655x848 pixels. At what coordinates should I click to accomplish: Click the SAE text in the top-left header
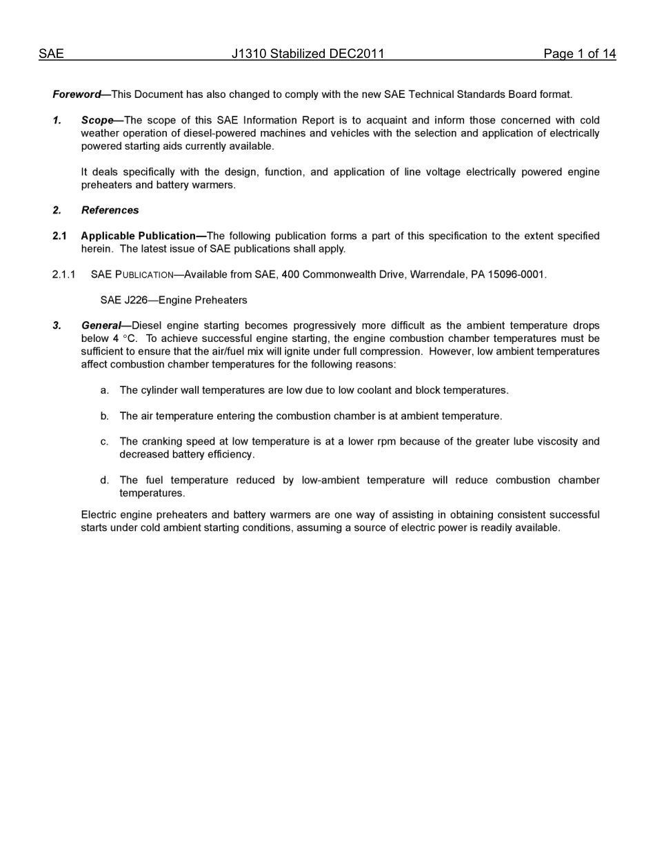point(51,54)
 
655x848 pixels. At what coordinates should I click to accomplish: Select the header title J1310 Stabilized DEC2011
point(308,54)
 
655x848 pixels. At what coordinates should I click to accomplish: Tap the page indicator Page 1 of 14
point(579,54)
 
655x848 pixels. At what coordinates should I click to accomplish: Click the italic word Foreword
point(77,94)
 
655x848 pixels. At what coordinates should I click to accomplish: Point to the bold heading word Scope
point(97,120)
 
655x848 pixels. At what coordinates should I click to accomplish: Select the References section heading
point(110,210)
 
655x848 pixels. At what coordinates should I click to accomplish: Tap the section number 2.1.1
point(64,274)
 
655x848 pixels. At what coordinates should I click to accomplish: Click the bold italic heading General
point(101,325)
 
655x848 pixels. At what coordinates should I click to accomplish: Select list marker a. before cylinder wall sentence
point(104,390)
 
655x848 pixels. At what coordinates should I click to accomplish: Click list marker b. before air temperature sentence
point(104,416)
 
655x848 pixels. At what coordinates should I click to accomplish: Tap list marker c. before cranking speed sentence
point(104,442)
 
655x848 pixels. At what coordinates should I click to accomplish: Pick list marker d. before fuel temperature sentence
point(104,481)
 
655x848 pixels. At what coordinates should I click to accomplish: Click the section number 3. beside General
point(57,325)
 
